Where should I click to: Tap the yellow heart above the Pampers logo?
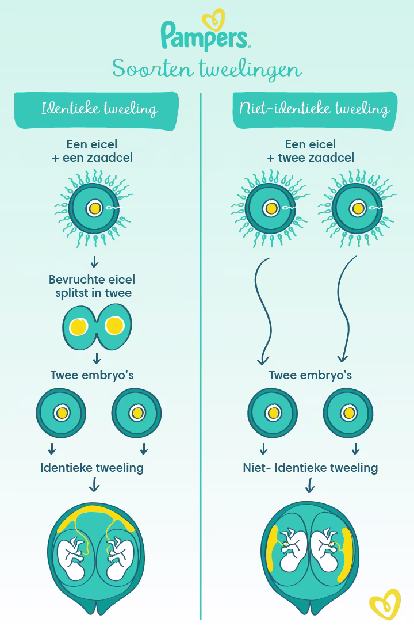213,18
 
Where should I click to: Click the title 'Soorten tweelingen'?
207,69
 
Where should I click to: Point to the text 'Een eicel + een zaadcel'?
92,151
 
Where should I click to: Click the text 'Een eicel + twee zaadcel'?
310,151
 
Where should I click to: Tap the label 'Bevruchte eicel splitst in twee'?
92,286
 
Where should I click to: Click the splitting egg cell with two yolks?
97,327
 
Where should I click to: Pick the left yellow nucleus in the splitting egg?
78,327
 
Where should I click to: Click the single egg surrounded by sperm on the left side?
94,209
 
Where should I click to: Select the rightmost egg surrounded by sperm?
358,209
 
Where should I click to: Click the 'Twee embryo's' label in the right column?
310,375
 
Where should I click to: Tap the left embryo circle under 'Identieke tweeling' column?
61,413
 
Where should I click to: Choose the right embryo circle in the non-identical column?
348,413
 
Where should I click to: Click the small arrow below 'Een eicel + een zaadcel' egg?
94,261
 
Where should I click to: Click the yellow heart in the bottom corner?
385,605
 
